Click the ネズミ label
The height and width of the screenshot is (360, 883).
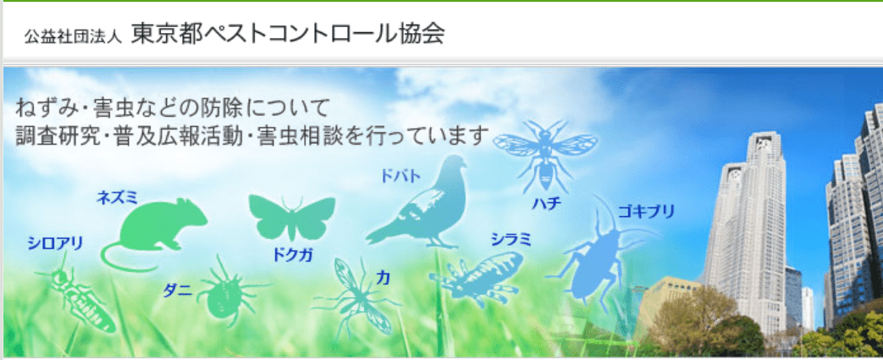click(118, 197)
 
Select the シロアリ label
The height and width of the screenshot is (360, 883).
click(55, 243)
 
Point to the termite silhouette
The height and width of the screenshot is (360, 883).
click(79, 295)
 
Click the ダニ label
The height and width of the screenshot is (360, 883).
click(178, 291)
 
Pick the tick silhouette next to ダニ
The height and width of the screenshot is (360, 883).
click(228, 293)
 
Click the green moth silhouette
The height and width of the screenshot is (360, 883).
click(292, 217)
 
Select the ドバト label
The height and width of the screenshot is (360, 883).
click(400, 176)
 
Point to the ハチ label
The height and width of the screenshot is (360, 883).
click(547, 203)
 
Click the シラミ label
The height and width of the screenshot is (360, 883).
click(510, 240)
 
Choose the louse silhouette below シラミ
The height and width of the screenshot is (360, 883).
click(477, 279)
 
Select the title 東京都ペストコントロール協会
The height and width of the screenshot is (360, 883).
click(288, 35)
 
